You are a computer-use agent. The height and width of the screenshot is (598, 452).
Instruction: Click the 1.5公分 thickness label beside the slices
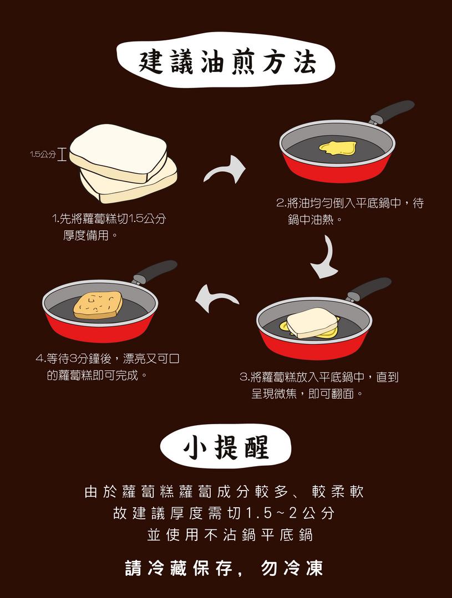click(43, 154)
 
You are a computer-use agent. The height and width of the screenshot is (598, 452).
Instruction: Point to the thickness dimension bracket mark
click(62, 154)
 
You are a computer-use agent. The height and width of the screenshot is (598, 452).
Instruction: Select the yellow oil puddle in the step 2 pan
click(337, 147)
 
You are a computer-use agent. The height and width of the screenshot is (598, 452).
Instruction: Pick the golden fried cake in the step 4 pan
click(98, 305)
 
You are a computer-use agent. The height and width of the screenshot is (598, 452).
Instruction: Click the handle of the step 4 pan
click(155, 271)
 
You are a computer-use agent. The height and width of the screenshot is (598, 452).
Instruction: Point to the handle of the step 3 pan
click(369, 288)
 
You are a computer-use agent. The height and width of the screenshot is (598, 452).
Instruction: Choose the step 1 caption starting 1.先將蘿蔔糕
click(109, 227)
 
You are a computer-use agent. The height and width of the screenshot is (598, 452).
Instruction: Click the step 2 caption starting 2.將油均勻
click(349, 211)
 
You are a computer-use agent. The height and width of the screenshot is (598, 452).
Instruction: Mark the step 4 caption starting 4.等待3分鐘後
click(108, 367)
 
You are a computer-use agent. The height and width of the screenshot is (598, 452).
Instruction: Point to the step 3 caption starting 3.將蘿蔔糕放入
click(319, 385)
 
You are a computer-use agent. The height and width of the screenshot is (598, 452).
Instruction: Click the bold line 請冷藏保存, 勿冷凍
click(224, 568)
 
